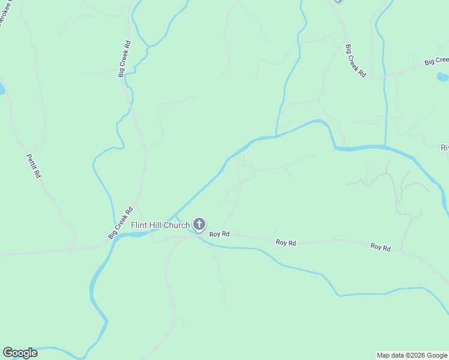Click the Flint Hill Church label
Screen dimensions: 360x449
[161, 226]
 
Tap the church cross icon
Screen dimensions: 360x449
[199, 225]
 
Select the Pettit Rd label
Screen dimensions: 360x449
[33, 166]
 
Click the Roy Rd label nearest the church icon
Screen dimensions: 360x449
[220, 234]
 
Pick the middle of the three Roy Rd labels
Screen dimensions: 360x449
[286, 243]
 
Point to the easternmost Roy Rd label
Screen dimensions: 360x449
[381, 247]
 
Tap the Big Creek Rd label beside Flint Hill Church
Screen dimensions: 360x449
[121, 223]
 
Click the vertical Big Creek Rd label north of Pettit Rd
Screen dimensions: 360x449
[124, 59]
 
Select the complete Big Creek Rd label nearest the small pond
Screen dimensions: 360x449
[355, 60]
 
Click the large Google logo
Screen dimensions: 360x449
[20, 353]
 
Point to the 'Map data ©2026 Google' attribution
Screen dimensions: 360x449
[412, 355]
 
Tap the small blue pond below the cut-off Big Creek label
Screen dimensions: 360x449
[442, 77]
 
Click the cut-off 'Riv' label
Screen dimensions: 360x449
[444, 148]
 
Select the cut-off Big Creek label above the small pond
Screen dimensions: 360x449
[436, 61]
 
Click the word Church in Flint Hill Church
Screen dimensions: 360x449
[177, 226]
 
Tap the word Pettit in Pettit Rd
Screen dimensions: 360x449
[31, 161]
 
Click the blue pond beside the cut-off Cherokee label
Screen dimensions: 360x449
[2, 89]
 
